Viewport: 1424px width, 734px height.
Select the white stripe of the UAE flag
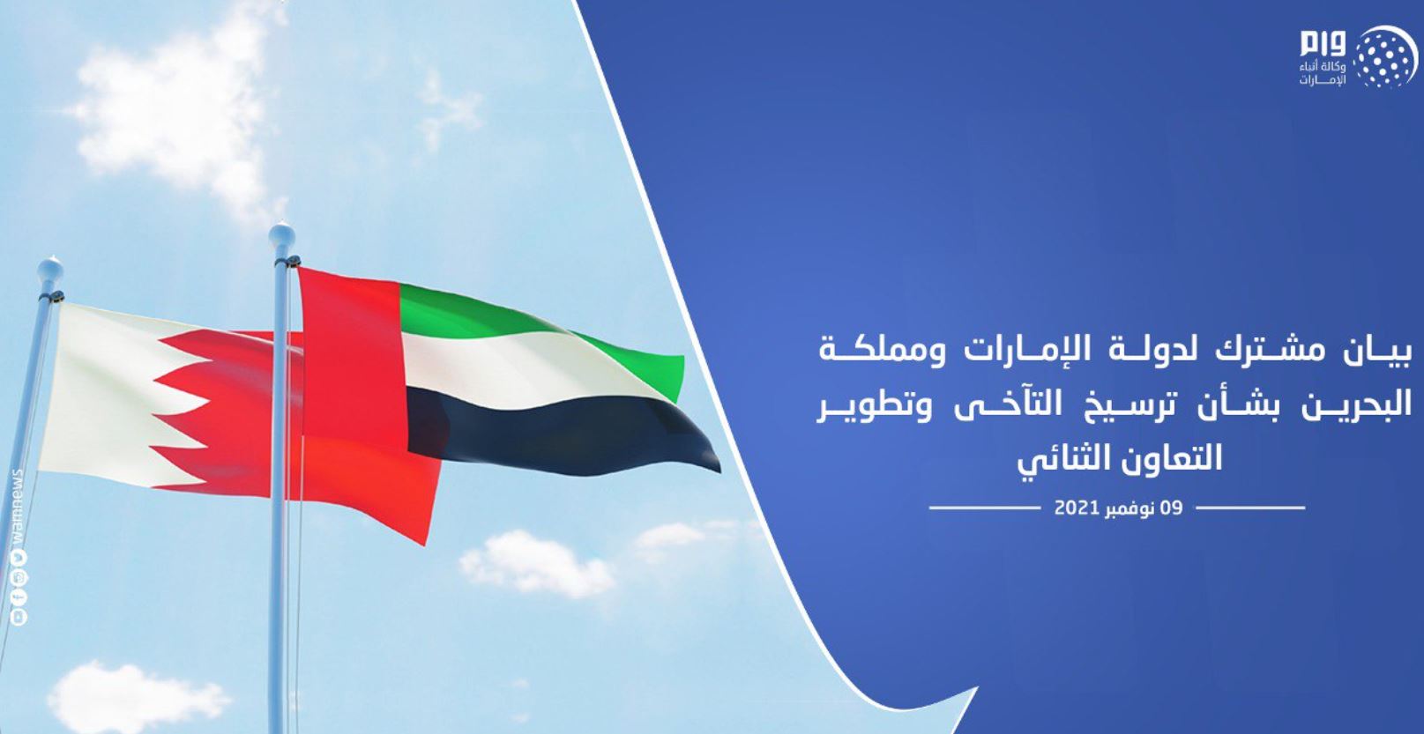click(x=527, y=368)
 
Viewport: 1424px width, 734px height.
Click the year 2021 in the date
click(x=1076, y=508)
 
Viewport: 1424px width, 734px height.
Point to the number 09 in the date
click(x=1171, y=508)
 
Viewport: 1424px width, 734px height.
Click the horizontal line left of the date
click(x=984, y=508)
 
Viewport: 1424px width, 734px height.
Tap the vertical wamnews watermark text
click(x=17, y=506)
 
